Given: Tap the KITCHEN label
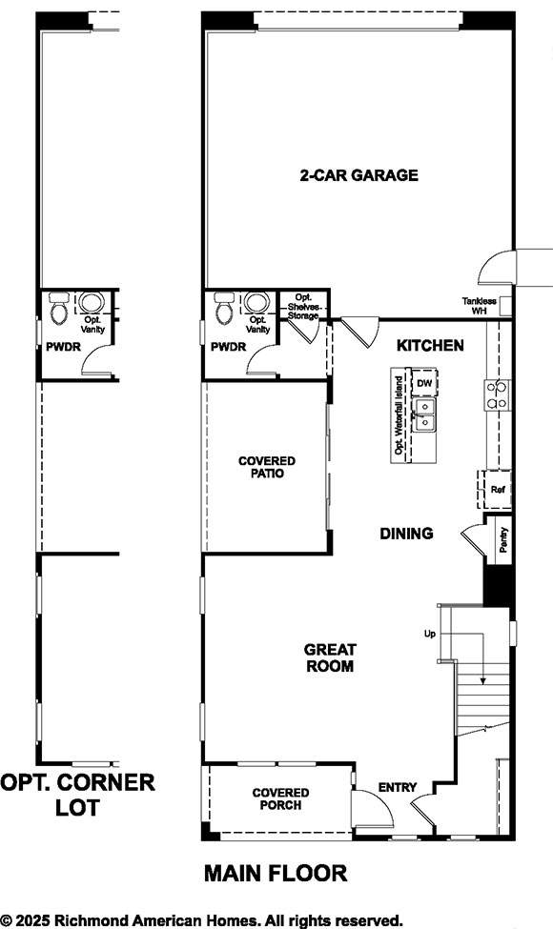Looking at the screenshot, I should pos(431,345).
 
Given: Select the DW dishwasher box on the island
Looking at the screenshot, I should pos(425,383).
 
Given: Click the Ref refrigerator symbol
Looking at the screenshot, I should pos(497,489).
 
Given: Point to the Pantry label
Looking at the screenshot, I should pos(502,540).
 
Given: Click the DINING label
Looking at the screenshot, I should pos(406,534).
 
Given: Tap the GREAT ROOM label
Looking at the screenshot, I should pos(329,657).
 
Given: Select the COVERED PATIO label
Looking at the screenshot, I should pos(267,467).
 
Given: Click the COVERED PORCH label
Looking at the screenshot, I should pos(281,798).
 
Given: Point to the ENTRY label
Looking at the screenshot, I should pos(398,787).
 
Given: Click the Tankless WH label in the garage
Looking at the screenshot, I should pos(480,305).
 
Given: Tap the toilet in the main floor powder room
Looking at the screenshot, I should pos(224,308).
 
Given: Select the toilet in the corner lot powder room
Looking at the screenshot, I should pos(59,308).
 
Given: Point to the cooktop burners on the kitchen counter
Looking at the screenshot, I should pos(496,394).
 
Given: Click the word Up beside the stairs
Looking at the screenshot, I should pos(430,633).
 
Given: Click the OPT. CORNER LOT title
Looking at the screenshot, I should pos(77,796).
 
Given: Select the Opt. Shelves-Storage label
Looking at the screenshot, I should pos(304,306).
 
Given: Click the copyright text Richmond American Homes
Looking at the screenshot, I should pos(201,919).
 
